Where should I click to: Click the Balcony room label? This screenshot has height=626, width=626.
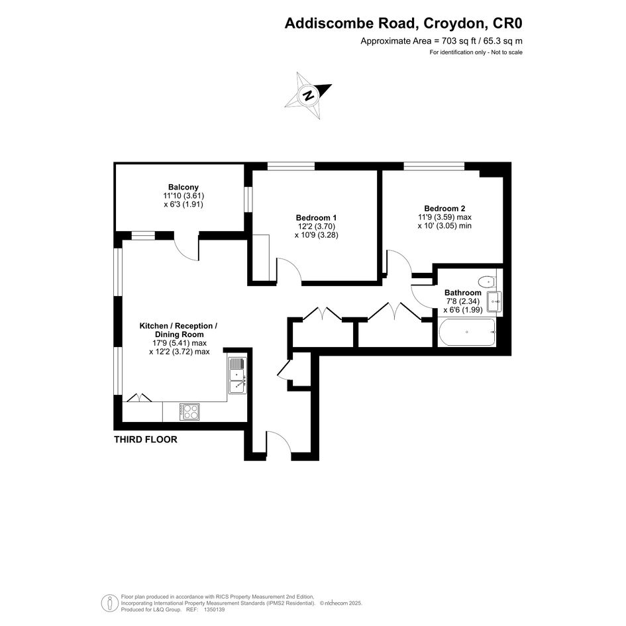pos(183,187)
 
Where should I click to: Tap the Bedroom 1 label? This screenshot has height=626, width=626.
pos(316,217)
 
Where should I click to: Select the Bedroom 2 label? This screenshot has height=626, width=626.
pos(444,209)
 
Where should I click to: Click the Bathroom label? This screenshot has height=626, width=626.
pos(463,293)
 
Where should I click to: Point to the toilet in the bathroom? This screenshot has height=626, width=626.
pos(487,282)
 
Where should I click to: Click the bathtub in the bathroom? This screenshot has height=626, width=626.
pos(467,332)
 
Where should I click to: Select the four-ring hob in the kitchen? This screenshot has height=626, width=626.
pos(189,411)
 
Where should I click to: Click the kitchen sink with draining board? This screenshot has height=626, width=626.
pos(238,376)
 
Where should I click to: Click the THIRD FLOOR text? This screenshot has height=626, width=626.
pos(146,440)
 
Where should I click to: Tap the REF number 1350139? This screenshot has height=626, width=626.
pos(215,609)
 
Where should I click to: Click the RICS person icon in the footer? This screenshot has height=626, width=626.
pos(109,603)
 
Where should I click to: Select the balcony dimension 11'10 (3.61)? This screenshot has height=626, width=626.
pos(183,196)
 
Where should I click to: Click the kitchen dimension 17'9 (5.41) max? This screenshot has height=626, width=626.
pos(180,343)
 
